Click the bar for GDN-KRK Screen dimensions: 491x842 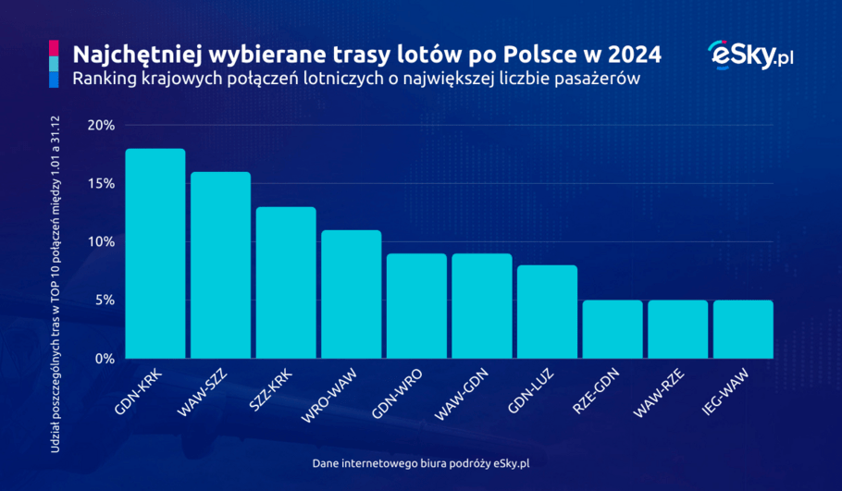coord(155,253)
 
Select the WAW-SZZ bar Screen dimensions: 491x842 coord(220,265)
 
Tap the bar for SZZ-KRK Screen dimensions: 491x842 coord(286,282)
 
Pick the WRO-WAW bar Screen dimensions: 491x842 coord(351,294)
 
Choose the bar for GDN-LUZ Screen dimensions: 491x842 coord(547,312)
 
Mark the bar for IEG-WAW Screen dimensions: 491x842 coord(743,329)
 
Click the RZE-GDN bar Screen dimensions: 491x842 coord(613,329)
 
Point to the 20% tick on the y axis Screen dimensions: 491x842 coord(100,126)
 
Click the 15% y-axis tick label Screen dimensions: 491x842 coord(100,184)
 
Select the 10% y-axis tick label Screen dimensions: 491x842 coord(100,242)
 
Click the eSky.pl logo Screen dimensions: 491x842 coord(750,55)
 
